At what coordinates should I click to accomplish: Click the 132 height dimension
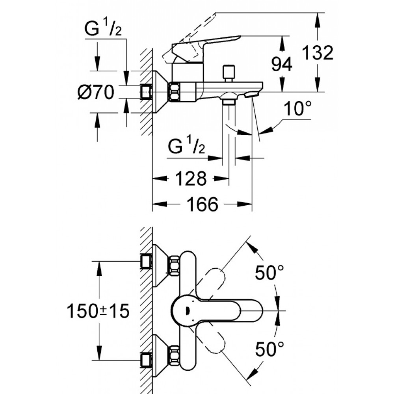point(318,53)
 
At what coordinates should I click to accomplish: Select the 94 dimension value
point(282,64)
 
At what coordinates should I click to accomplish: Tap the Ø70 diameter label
point(96,93)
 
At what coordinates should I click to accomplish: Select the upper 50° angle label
point(269,273)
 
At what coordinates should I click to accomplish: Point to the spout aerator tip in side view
point(251,95)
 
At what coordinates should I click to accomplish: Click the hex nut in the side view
point(174,92)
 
